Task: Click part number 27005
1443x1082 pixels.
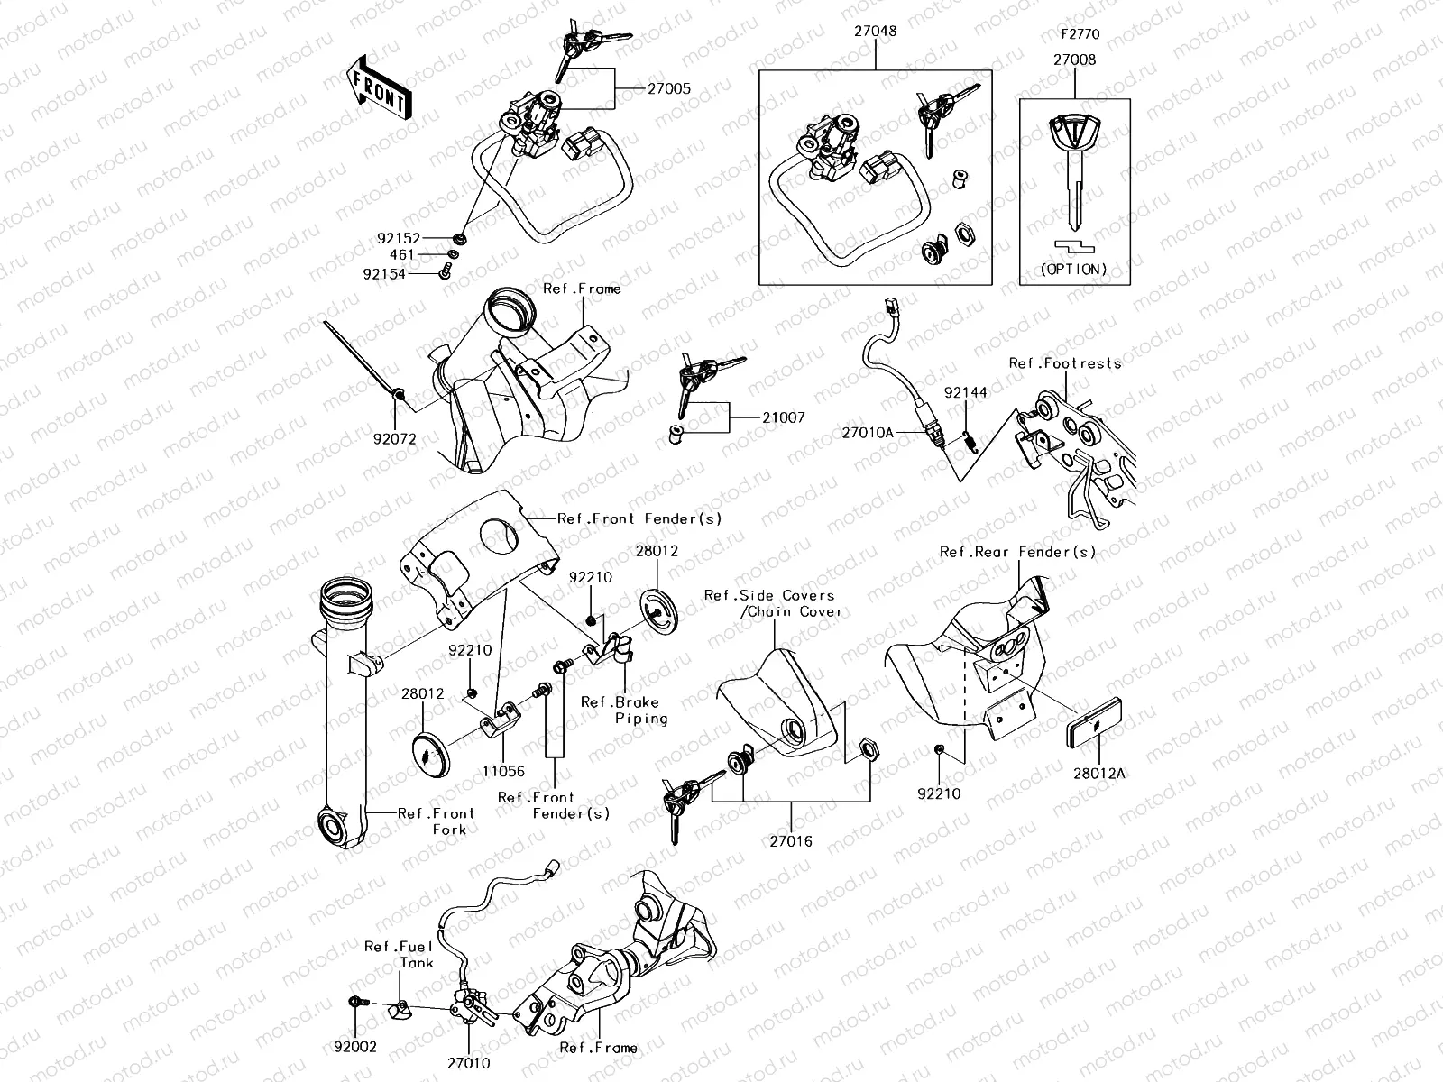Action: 668,88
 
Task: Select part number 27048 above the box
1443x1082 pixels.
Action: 875,31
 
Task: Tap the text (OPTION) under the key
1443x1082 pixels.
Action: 1074,269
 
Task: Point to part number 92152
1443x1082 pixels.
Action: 399,239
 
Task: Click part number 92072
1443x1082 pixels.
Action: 397,439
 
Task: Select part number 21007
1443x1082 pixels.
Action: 783,417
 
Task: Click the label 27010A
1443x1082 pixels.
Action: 868,432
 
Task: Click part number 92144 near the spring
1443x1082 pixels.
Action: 965,393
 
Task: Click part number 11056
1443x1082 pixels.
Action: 502,772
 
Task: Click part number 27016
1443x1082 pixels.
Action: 790,841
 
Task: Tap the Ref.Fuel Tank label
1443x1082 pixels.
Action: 400,954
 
